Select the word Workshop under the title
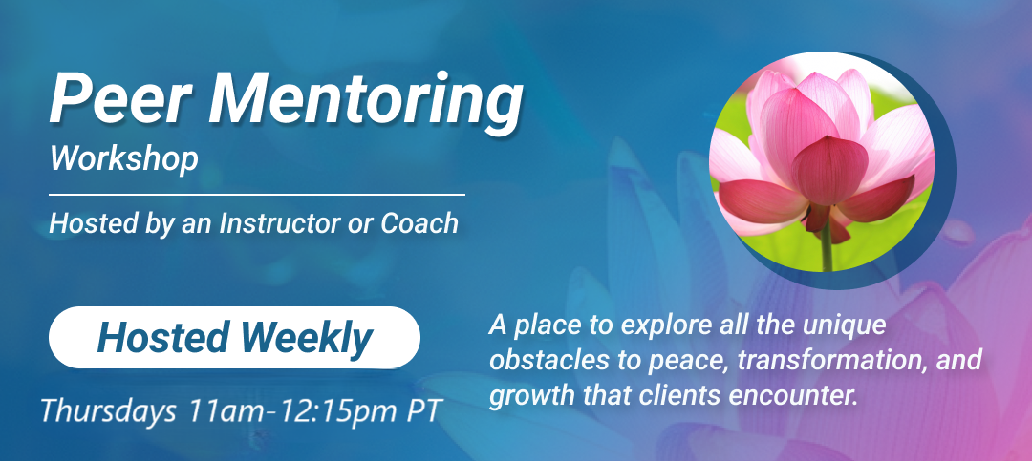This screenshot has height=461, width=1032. [x=123, y=159]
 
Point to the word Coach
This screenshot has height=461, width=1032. [x=419, y=224]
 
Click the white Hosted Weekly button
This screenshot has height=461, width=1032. [x=234, y=337]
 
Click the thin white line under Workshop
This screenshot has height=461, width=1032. [x=257, y=195]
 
